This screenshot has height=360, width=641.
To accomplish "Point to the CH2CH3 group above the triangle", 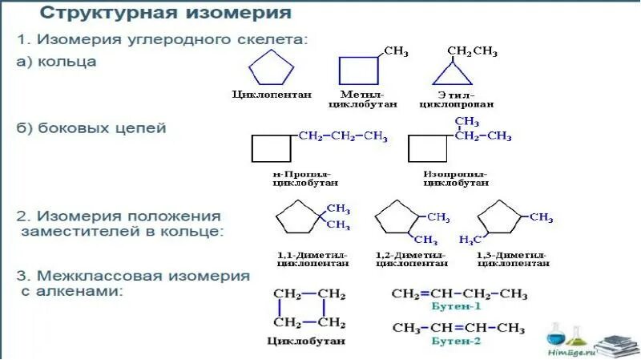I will tap(472, 52).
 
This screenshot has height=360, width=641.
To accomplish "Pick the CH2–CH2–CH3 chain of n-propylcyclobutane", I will tap(342, 136).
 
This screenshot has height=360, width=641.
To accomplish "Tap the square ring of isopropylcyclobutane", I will tap(428, 148).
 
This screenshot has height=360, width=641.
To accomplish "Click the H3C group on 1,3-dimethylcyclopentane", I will tap(470, 240).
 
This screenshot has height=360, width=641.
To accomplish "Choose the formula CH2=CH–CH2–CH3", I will tap(459, 293).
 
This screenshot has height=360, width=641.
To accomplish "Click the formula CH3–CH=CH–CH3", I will tap(458, 328).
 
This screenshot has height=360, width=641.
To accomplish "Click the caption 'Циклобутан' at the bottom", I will tap(305, 341).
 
